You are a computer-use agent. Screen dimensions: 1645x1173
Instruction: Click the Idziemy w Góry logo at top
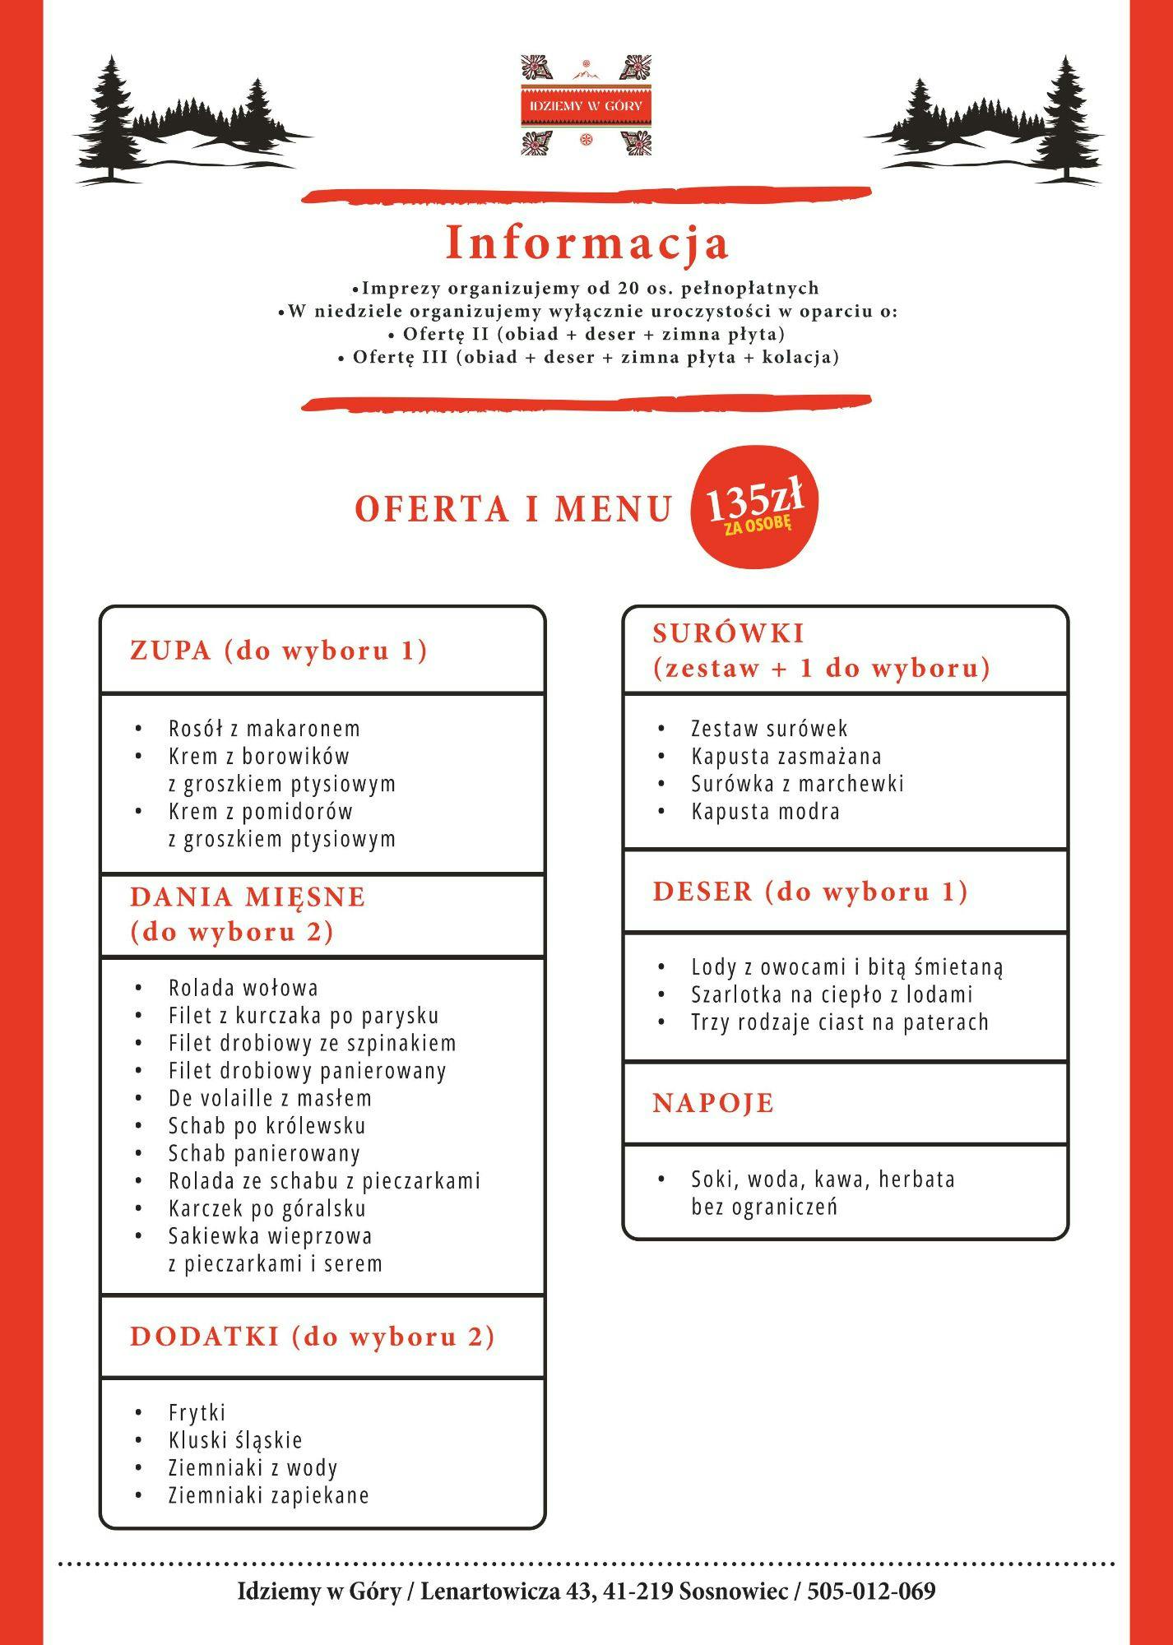(x=585, y=106)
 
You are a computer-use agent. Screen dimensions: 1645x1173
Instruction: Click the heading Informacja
(x=586, y=243)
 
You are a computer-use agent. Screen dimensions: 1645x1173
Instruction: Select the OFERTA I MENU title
(x=514, y=509)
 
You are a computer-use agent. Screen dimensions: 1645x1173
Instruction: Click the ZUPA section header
(x=279, y=651)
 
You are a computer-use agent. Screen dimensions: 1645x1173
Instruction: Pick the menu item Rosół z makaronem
(x=264, y=729)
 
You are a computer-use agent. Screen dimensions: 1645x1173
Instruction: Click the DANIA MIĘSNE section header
(x=248, y=914)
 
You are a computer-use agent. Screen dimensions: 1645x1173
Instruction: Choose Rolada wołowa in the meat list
(x=243, y=988)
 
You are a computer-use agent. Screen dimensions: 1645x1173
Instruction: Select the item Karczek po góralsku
(x=267, y=1208)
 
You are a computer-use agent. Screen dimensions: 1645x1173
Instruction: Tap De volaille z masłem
(x=270, y=1098)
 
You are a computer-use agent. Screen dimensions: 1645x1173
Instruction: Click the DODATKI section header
(x=313, y=1337)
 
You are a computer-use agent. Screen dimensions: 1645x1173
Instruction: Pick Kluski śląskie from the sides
(x=235, y=1440)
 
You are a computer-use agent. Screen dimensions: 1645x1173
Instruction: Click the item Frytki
(x=197, y=1412)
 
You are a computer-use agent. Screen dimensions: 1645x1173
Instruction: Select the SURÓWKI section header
(x=821, y=651)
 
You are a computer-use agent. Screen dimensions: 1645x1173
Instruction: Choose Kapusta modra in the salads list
(x=765, y=812)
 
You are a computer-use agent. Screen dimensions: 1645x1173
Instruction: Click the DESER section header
(x=810, y=892)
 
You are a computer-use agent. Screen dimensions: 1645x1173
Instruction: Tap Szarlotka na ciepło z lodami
(x=832, y=994)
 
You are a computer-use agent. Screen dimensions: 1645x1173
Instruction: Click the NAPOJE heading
(x=713, y=1103)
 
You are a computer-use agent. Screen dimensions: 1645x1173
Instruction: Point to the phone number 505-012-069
(x=871, y=1592)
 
